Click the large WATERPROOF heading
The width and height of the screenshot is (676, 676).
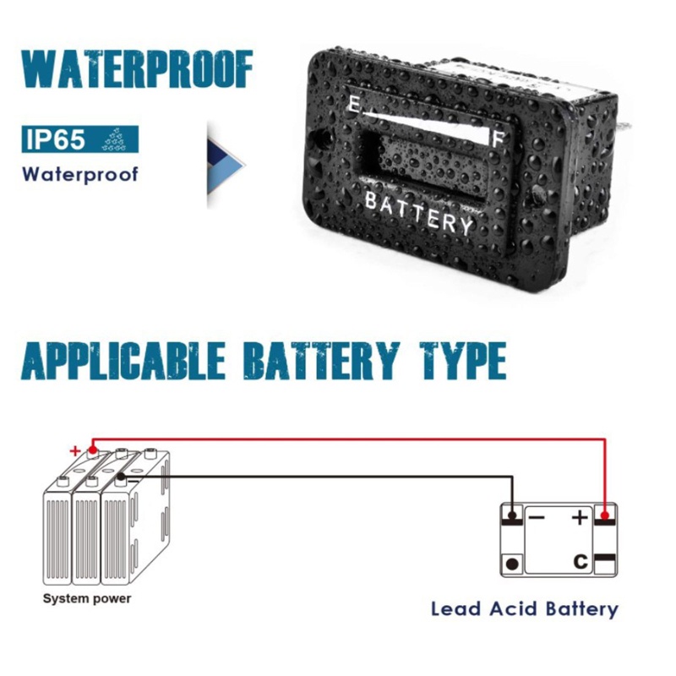[x=136, y=69]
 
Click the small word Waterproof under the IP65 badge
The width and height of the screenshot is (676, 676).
[x=79, y=175]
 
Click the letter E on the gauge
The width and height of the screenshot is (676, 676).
[x=352, y=104]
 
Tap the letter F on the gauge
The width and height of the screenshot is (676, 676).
[x=499, y=137]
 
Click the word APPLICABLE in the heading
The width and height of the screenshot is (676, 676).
[x=123, y=362]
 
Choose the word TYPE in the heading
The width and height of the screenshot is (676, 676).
[x=458, y=362]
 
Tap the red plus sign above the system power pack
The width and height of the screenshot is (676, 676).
[x=74, y=450]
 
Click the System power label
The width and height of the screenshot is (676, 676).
[x=87, y=599]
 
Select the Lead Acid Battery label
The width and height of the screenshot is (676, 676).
[x=524, y=608]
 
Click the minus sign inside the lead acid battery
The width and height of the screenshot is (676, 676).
[x=537, y=517]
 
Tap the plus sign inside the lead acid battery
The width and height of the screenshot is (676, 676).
[x=580, y=517]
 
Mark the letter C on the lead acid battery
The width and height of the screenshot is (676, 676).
[x=580, y=559]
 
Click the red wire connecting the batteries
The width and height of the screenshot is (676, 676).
[x=355, y=439]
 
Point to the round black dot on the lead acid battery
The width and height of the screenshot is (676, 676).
[x=511, y=563]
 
